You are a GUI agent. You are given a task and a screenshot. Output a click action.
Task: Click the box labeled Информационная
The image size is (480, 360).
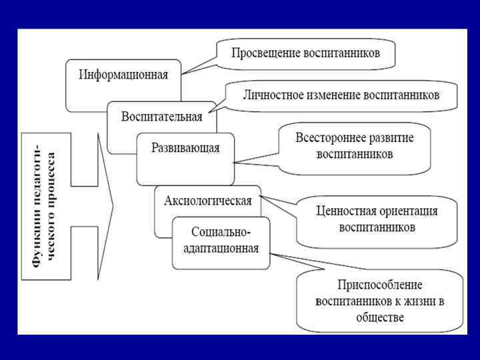123,75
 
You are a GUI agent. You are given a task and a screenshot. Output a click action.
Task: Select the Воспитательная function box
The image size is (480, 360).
161,117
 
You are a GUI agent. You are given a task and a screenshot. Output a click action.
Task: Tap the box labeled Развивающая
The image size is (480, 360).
185,148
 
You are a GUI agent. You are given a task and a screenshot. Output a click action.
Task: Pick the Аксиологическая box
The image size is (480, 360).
207,200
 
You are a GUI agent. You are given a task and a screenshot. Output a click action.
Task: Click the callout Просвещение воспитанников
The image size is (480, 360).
305,53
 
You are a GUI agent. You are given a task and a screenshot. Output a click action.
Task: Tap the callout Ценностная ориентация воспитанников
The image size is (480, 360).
377,219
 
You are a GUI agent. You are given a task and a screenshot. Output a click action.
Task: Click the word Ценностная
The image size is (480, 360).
347,211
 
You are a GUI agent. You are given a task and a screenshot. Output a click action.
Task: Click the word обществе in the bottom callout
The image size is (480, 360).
379,317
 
